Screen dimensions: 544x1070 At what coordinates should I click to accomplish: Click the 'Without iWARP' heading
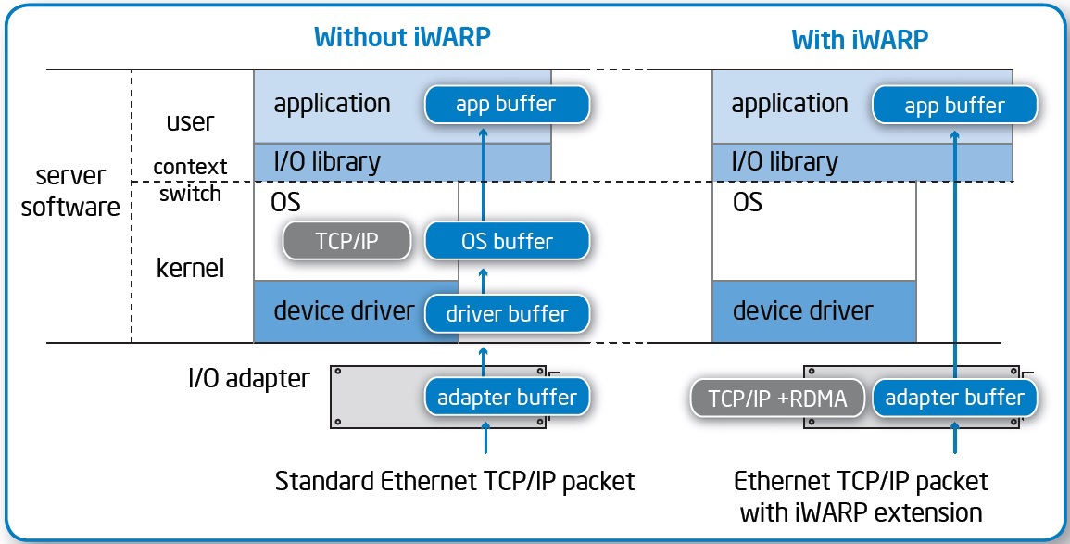pos(402,37)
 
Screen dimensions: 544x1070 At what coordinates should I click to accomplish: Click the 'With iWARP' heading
pos(859,39)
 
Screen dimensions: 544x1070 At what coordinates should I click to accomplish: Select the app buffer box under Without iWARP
pos(506,104)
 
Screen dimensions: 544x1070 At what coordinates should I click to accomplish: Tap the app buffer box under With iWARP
pos(954,105)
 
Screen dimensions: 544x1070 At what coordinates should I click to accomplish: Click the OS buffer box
pos(506,242)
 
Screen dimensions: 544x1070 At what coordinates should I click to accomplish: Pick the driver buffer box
pos(506,313)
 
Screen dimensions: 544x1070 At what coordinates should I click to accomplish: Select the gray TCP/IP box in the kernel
pos(346,242)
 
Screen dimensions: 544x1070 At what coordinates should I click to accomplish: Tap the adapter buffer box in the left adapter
pos(506,398)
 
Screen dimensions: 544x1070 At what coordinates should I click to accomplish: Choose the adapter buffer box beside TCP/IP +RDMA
pos(954,399)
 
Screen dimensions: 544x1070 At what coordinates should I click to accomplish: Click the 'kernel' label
pos(190,269)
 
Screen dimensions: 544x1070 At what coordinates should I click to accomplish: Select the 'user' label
pos(190,122)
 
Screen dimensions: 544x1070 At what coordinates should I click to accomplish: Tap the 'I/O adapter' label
pos(246,378)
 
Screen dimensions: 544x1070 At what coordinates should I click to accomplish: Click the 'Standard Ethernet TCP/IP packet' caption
pos(455,482)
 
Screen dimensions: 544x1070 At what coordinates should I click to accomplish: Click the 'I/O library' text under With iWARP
pos(784,162)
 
